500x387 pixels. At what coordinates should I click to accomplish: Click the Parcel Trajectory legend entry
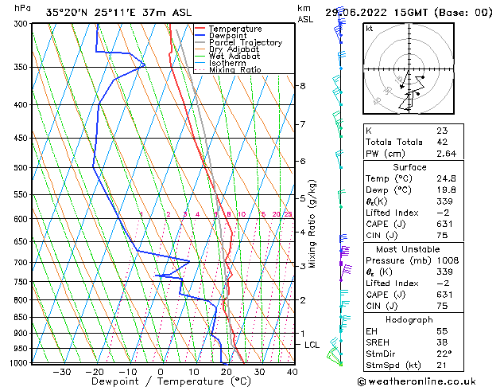click(x=245, y=43)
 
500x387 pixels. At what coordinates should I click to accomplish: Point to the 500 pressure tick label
click(x=20, y=168)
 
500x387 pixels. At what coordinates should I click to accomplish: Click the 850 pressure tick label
click(x=20, y=317)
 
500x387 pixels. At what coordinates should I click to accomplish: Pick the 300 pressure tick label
click(x=20, y=24)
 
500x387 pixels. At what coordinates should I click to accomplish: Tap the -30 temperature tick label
click(x=61, y=372)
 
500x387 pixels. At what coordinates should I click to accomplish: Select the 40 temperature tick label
click(x=293, y=372)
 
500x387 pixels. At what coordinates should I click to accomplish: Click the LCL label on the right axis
click(x=312, y=345)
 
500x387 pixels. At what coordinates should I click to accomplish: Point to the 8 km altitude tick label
click(x=303, y=85)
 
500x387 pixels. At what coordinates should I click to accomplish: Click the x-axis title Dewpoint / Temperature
click(x=160, y=382)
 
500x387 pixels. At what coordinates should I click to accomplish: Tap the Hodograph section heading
click(x=409, y=319)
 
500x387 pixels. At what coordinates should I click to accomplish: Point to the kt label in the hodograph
click(x=369, y=29)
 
